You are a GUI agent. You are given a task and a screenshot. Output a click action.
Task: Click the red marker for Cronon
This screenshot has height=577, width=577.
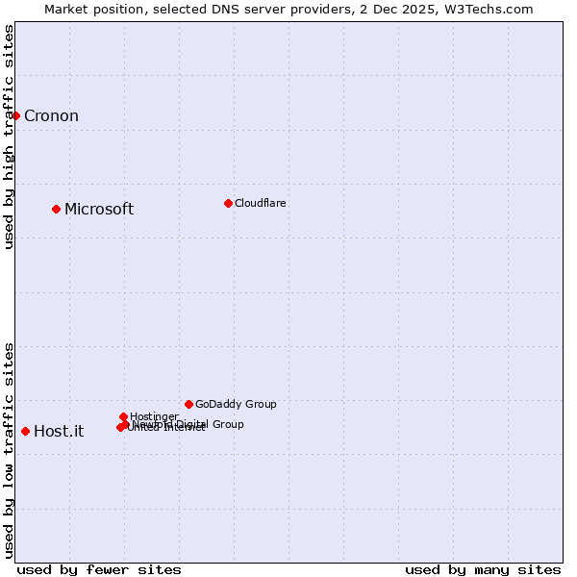pos(15,116)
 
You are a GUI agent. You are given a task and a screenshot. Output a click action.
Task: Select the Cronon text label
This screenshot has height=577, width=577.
pos(51,116)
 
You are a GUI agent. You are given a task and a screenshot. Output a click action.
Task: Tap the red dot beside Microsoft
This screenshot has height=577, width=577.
pos(57,209)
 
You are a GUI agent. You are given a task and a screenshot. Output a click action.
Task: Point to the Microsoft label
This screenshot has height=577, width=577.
pos(99,210)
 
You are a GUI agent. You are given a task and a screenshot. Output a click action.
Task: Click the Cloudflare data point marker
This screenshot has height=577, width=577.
pos(228,203)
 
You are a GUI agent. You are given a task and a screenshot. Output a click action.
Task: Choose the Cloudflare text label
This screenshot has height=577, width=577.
pos(261,203)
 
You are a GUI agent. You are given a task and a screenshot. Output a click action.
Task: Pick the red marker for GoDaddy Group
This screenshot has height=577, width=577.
pos(188,404)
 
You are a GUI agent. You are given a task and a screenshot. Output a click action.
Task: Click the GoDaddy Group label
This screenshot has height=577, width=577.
pos(236,405)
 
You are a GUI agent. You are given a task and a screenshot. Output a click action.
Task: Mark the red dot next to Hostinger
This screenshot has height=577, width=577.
pos(124,416)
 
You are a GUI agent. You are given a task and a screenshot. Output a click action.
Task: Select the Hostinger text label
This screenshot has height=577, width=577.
pos(155,416)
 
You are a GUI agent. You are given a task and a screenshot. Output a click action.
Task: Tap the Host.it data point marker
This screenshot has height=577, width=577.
pos(25,431)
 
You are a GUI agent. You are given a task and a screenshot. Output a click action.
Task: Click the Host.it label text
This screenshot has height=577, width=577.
pos(59,432)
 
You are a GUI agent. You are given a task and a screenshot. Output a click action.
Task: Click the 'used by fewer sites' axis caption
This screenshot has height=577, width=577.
pos(99,569)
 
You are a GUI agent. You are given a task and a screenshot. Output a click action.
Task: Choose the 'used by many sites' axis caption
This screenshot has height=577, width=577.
pos(483,569)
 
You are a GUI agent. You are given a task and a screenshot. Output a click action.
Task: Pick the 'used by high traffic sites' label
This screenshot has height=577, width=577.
pos(9,137)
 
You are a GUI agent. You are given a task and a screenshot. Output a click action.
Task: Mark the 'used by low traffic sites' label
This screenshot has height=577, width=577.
pos(9,449)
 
